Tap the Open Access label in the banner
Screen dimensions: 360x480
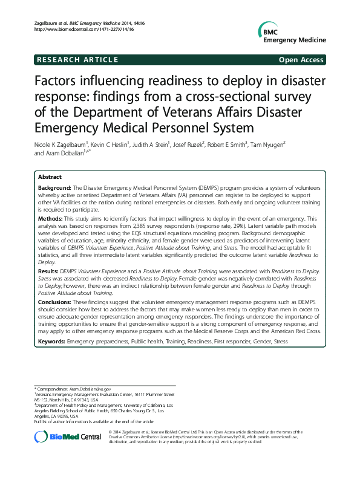[301, 60]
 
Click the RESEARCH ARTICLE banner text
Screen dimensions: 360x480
[77, 60]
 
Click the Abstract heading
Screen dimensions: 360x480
[50, 177]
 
